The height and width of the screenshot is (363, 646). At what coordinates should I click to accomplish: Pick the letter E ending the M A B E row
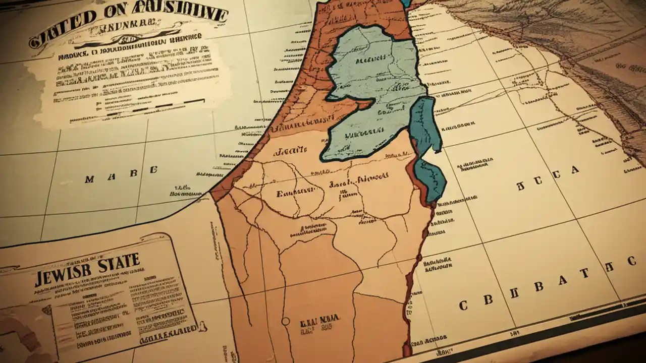(153, 170)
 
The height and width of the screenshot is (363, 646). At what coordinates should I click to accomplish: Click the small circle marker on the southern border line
(286, 321)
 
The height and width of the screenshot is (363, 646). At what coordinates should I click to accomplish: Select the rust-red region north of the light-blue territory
(363, 18)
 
